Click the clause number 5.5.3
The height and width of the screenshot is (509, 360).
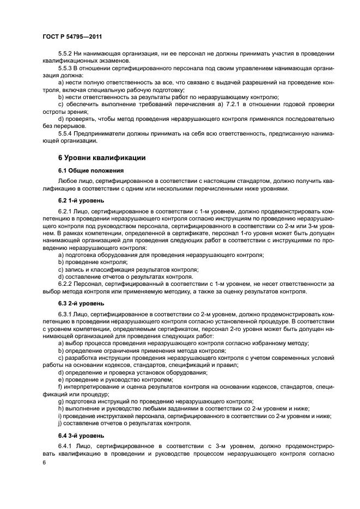tap(65, 68)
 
